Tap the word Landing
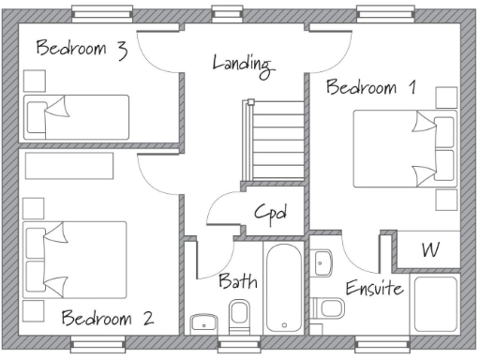[242, 64]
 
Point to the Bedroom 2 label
[107, 317]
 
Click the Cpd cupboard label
[270, 213]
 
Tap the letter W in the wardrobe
[430, 250]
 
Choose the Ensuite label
[373, 287]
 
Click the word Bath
[238, 280]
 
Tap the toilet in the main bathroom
[239, 316]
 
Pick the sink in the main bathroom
[203, 323]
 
